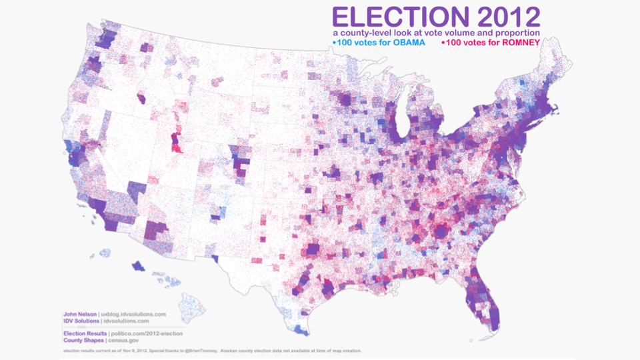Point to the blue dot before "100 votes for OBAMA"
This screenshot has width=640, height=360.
[x=334, y=43]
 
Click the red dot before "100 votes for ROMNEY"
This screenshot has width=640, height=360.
[x=443, y=43]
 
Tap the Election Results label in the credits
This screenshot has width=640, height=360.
[x=85, y=333]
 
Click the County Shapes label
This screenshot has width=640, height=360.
[x=83, y=340]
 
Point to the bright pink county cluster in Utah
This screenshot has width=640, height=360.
[x=175, y=142]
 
